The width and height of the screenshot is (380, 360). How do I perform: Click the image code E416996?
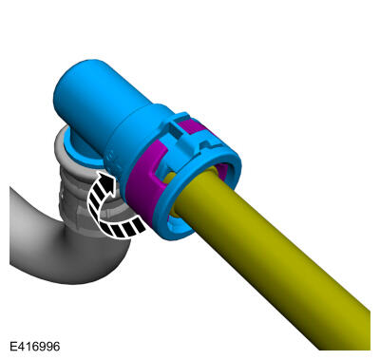click(35, 346)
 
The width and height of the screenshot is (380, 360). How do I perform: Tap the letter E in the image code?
click(13, 346)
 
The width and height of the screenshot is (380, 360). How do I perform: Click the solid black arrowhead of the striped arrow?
click(105, 180)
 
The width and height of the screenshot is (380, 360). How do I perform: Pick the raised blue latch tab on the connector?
click(180, 137)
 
